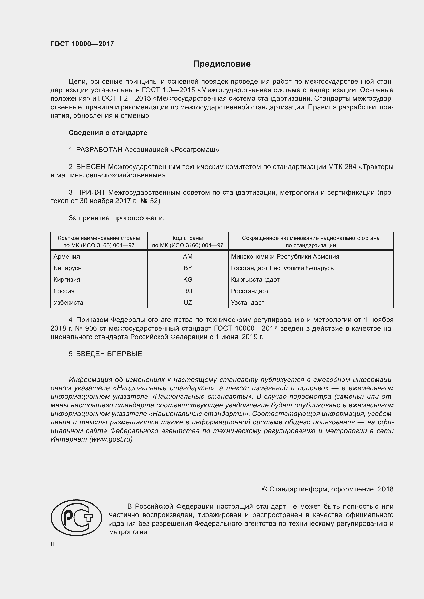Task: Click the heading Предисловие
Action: (x=222, y=64)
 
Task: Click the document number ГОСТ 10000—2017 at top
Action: (x=82, y=44)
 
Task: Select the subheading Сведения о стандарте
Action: (x=108, y=133)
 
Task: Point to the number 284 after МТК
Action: (x=350, y=167)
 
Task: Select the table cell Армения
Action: (x=67, y=256)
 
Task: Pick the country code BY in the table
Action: (x=188, y=268)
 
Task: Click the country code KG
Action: (x=188, y=279)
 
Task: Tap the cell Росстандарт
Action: (x=250, y=291)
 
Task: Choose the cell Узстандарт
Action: (x=248, y=303)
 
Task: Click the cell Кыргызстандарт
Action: (x=255, y=280)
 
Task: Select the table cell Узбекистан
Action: (x=70, y=303)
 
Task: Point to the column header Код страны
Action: (x=188, y=238)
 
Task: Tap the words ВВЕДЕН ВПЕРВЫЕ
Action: (x=109, y=354)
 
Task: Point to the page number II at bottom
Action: (x=52, y=544)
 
